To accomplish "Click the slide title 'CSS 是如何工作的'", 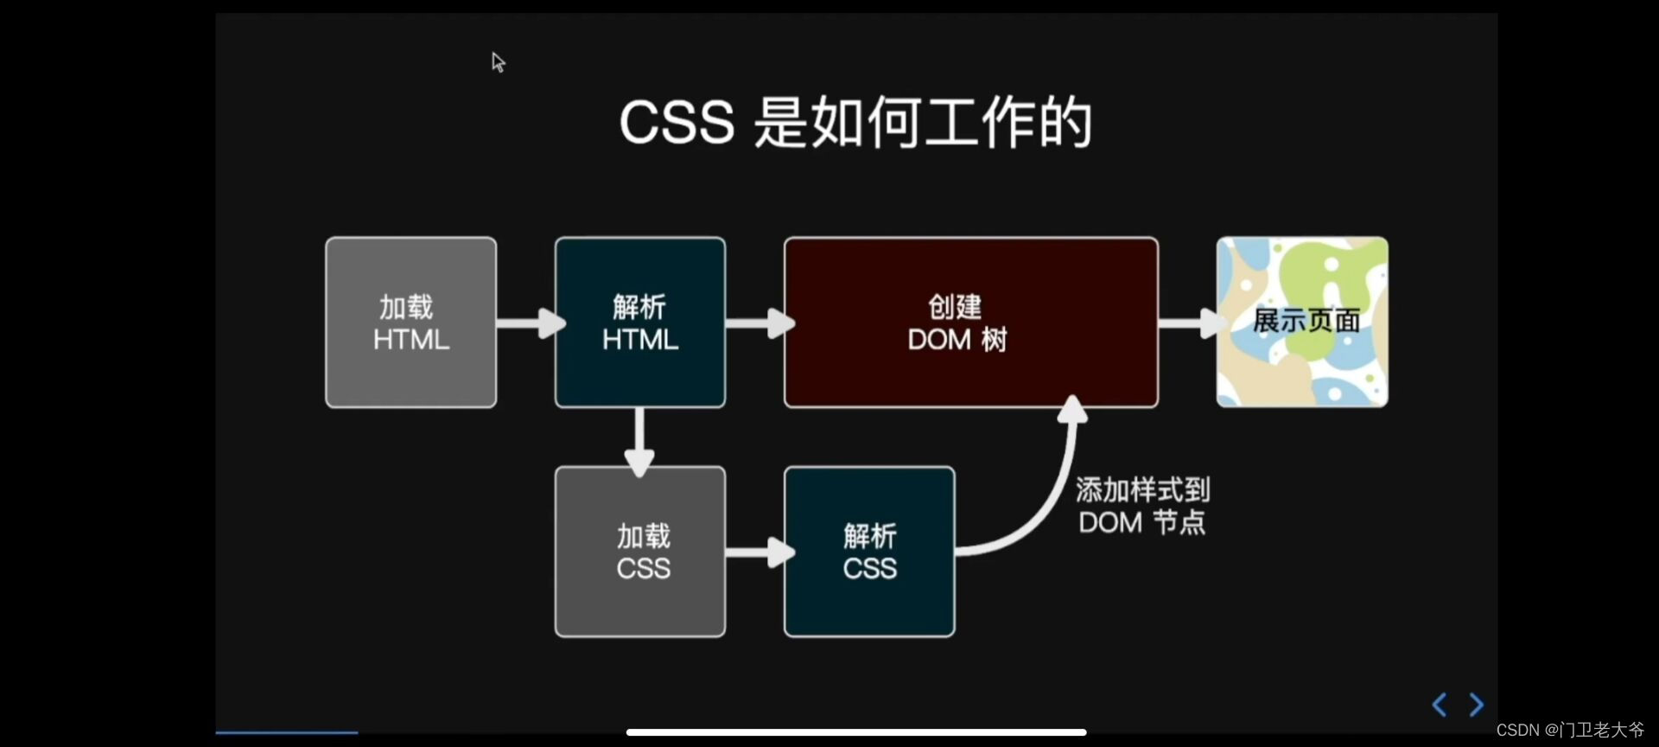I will (x=855, y=123).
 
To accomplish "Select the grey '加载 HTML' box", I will (x=410, y=322).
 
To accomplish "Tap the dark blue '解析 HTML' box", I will (x=639, y=322).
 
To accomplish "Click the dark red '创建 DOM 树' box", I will (x=970, y=322).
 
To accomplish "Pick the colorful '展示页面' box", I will (x=1302, y=322).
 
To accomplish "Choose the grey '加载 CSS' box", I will (x=639, y=552).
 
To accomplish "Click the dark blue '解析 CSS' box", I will (x=869, y=552).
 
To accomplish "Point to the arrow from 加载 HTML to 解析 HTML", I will (x=529, y=323).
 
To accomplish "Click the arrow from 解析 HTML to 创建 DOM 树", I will (x=758, y=323).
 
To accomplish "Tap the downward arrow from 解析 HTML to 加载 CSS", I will (x=639, y=441).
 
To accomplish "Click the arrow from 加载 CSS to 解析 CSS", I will (x=758, y=552).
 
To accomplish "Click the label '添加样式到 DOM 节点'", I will (x=1141, y=506).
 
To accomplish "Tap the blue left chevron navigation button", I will (x=1440, y=705).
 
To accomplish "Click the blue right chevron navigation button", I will (x=1477, y=705).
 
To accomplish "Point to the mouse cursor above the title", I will (x=498, y=61).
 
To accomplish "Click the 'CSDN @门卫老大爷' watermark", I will (x=1570, y=731).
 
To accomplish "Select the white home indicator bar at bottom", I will (x=855, y=732).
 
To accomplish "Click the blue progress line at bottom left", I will (x=287, y=732).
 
